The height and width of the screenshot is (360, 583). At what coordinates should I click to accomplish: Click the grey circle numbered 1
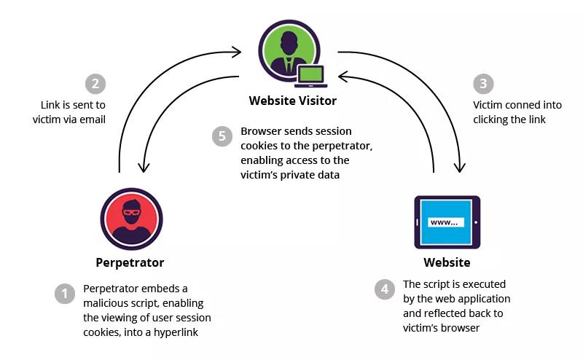pos(65,294)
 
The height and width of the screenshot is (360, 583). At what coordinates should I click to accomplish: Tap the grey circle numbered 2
pos(95,84)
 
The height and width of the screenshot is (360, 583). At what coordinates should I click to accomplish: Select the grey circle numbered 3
pos(483,84)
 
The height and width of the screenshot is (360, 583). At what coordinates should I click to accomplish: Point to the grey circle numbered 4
pos(385,289)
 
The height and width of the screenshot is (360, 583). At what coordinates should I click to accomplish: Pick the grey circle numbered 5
pos(222,136)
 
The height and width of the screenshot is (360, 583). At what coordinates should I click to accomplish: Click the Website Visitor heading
pos(293,101)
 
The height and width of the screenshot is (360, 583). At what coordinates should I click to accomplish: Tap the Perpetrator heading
pos(130,262)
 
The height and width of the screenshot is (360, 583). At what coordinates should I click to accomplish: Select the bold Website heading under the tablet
pos(447,262)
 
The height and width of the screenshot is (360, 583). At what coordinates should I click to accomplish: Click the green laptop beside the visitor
pos(311,77)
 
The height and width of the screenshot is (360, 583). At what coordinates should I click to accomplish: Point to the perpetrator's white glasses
pos(132,213)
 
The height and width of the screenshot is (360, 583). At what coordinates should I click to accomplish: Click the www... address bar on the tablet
pos(446,222)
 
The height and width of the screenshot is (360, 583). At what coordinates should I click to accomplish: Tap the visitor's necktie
pos(289,66)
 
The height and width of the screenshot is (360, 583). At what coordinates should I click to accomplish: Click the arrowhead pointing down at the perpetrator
pos(144,167)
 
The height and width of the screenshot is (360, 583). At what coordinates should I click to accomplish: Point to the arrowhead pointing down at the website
pos(460,167)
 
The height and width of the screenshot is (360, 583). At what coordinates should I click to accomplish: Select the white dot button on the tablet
pos(476,222)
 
